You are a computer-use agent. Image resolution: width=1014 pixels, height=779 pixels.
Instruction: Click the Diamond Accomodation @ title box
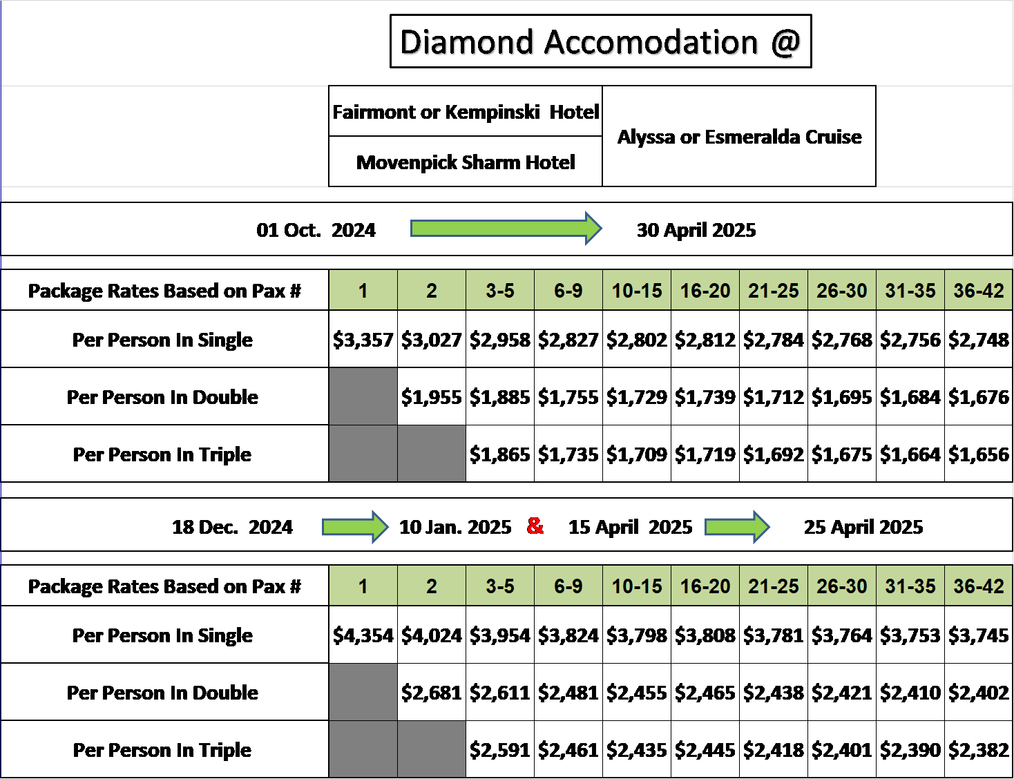[600, 41]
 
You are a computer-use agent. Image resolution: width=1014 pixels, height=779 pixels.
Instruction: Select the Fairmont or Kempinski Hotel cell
[466, 111]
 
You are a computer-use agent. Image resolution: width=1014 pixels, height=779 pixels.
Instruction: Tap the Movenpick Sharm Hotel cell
[466, 162]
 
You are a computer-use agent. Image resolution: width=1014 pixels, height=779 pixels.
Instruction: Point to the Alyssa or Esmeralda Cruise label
[739, 137]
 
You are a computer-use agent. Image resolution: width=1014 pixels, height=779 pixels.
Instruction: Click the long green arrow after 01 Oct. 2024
[506, 229]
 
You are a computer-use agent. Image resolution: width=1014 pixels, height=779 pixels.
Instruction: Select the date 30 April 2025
[696, 230]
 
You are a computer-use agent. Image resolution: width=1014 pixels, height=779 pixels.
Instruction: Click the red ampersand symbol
[535, 526]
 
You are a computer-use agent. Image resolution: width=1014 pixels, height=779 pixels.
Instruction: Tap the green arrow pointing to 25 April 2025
[737, 527]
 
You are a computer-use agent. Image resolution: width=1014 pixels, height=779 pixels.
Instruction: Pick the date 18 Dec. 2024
[232, 527]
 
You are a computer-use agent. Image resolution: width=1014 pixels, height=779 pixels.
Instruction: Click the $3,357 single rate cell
[363, 339]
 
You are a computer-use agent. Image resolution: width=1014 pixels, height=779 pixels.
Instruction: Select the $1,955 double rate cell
[432, 396]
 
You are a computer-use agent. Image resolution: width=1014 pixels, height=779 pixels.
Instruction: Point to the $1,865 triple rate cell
[500, 454]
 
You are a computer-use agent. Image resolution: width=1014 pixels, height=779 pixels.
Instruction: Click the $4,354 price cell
[363, 635]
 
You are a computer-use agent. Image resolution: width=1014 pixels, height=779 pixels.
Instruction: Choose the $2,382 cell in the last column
[979, 749]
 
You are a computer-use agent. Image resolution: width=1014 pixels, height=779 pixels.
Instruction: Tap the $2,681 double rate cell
[432, 692]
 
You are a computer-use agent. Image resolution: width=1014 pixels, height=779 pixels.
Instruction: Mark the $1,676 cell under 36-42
[979, 396]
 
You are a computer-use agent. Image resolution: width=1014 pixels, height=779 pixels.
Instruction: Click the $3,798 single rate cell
[636, 635]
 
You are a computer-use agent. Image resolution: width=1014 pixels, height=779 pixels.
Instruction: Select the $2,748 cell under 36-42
[979, 339]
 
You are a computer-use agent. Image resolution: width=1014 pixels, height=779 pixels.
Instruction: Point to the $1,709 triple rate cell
[636, 454]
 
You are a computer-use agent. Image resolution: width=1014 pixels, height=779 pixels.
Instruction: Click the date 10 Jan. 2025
[455, 527]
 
